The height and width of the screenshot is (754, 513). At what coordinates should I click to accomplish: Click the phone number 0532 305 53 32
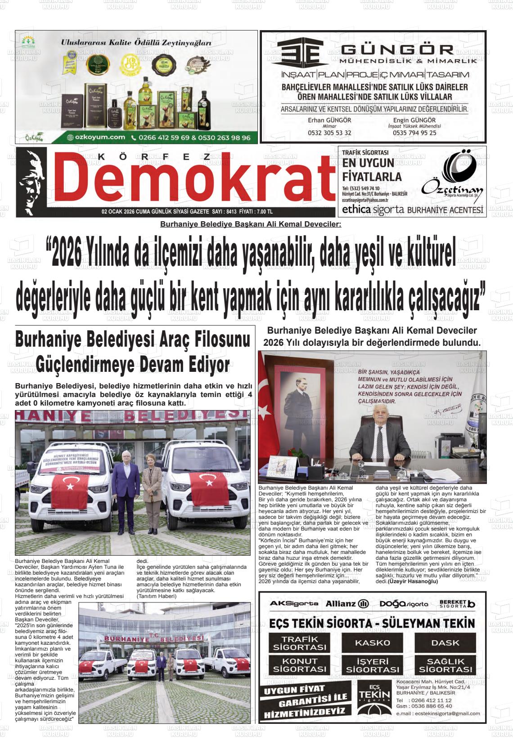tap(329, 133)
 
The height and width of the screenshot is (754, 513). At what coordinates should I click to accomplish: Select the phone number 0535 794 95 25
tap(414, 133)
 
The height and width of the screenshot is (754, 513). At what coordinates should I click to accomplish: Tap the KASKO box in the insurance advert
tap(372, 642)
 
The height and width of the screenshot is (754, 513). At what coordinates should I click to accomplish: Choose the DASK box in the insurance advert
tap(445, 642)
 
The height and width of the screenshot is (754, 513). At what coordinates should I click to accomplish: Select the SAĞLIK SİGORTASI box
tap(445, 665)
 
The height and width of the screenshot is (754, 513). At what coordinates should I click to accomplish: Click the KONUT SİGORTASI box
tap(299, 665)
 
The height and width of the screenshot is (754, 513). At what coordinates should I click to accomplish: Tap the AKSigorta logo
tap(293, 603)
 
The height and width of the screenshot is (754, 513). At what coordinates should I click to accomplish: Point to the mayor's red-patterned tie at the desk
tap(380, 438)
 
